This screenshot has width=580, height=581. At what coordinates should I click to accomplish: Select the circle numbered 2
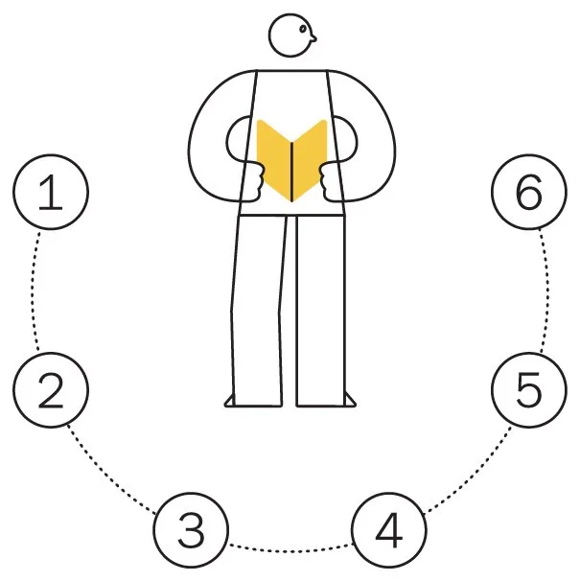click(x=52, y=390)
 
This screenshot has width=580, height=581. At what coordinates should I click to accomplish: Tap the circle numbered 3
click(x=192, y=528)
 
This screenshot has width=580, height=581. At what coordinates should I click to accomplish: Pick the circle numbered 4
click(x=388, y=528)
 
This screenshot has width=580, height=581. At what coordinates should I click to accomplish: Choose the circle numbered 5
click(x=528, y=390)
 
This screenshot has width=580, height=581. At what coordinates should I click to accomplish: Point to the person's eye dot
click(x=306, y=32)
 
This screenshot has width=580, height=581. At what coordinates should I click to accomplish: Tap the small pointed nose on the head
click(x=314, y=40)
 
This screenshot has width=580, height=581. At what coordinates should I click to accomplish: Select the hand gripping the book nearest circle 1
click(x=253, y=179)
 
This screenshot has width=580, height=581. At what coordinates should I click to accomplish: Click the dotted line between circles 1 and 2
click(x=36, y=292)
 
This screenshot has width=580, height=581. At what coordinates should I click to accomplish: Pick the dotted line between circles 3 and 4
click(x=290, y=549)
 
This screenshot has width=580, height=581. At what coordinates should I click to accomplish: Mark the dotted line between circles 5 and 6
click(x=545, y=292)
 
